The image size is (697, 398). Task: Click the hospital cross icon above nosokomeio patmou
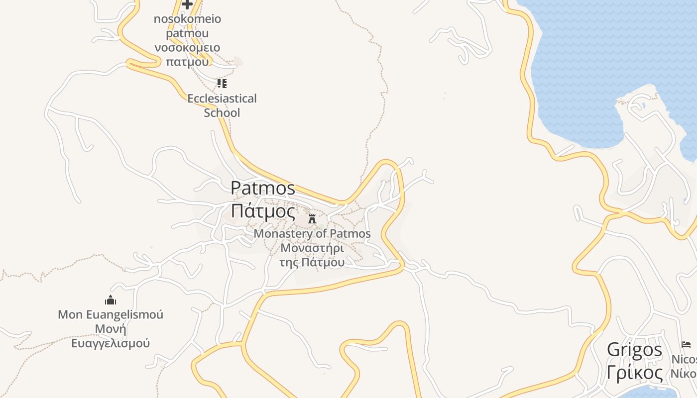tap(187, 4)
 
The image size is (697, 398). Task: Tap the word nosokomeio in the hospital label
tap(187, 19)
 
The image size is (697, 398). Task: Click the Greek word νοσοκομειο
tap(187, 48)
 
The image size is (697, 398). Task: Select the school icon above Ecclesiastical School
tap(222, 83)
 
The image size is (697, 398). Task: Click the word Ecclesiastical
tap(222, 99)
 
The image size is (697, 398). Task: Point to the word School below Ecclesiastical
tap(222, 112)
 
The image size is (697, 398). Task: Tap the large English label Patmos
tap(263, 188)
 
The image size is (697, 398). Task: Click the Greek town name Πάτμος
tap(263, 211)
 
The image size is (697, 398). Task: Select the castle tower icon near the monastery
tap(312, 218)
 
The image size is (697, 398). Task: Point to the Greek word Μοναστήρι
tap(312, 248)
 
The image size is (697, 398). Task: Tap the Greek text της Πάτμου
tap(312, 262)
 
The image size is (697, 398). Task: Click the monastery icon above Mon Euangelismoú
tap(111, 300)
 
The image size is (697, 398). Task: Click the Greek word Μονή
tap(111, 329)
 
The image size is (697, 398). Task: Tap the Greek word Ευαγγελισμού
tap(111, 343)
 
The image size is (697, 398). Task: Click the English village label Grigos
tap(634, 350)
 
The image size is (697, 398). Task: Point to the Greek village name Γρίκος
tap(634, 373)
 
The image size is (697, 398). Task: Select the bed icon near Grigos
tap(686, 345)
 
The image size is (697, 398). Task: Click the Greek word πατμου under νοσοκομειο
tap(187, 62)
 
